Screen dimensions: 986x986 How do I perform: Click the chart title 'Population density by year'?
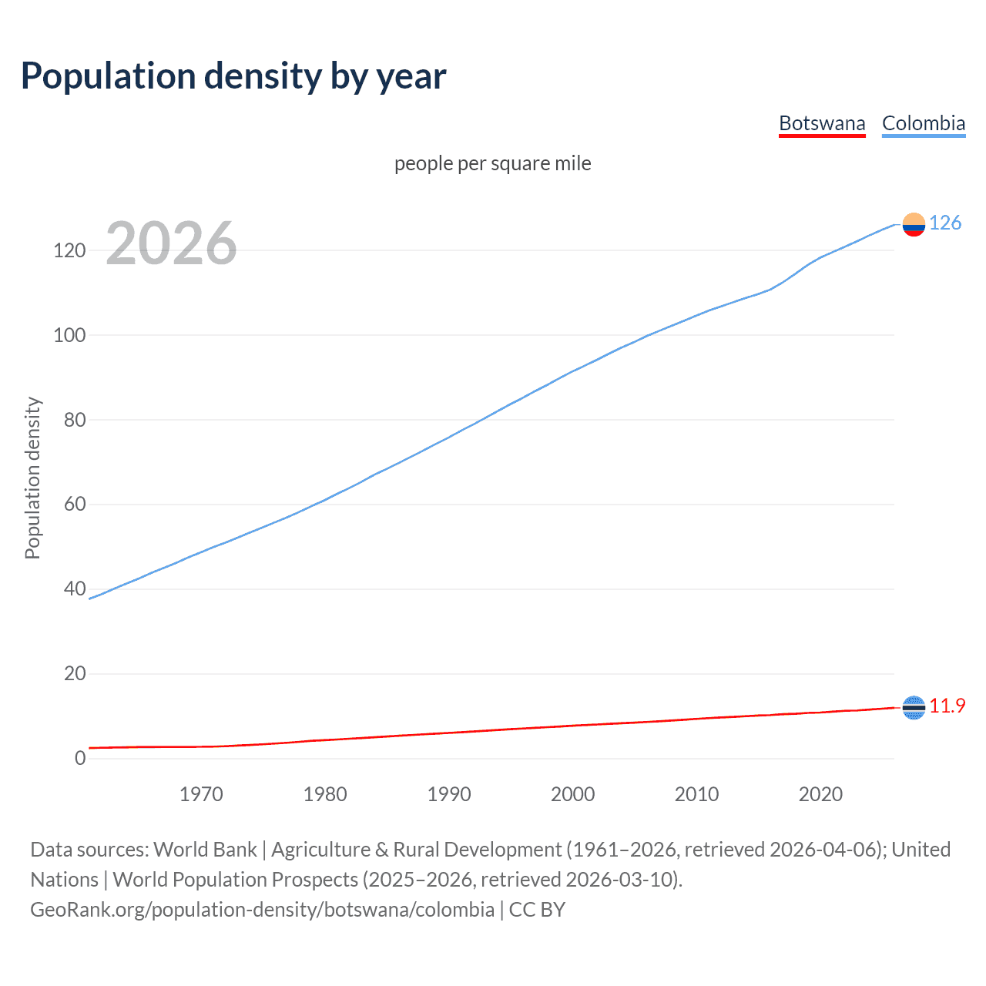(x=233, y=76)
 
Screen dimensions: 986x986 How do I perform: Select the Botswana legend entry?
(x=822, y=123)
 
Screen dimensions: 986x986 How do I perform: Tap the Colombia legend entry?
(x=923, y=123)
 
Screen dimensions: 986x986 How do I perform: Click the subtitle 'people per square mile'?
(x=492, y=163)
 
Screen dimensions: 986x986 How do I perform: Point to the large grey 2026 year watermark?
(x=171, y=243)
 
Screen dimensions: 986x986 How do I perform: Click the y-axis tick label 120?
(x=69, y=250)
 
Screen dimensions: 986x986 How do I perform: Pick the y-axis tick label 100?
(x=69, y=335)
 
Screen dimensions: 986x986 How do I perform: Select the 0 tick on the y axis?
(x=80, y=758)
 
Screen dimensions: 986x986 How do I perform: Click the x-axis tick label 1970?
(x=201, y=794)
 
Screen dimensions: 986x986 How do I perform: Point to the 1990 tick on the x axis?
(x=449, y=794)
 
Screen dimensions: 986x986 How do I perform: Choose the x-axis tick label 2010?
(x=696, y=794)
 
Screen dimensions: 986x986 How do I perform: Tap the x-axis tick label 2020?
(x=820, y=794)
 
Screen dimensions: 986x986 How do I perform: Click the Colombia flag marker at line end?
(x=914, y=224)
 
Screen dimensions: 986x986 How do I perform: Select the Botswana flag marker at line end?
(x=914, y=707)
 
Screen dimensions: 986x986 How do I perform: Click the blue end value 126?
(x=945, y=223)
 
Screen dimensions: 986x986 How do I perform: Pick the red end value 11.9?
(x=947, y=706)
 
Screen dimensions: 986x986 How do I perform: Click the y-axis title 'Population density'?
(x=32, y=478)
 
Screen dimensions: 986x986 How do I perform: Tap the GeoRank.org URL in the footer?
(x=262, y=910)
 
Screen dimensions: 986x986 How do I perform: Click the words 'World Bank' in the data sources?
(x=205, y=850)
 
